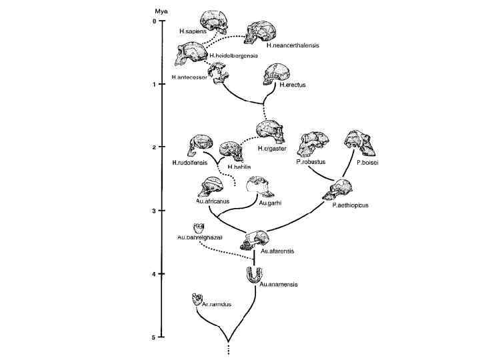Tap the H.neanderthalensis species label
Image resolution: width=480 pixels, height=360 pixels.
click(x=293, y=45)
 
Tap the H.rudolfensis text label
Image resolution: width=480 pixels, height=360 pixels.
click(x=190, y=162)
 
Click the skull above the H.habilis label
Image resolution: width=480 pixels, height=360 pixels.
click(x=232, y=152)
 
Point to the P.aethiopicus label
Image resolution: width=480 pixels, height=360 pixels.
click(x=350, y=205)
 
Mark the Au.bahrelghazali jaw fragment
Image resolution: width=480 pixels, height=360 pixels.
click(x=198, y=229)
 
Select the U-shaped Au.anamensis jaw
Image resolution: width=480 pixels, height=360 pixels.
click(x=255, y=274)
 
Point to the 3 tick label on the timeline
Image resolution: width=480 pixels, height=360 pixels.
click(x=154, y=211)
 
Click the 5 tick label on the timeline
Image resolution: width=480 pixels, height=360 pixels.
click(x=154, y=337)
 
